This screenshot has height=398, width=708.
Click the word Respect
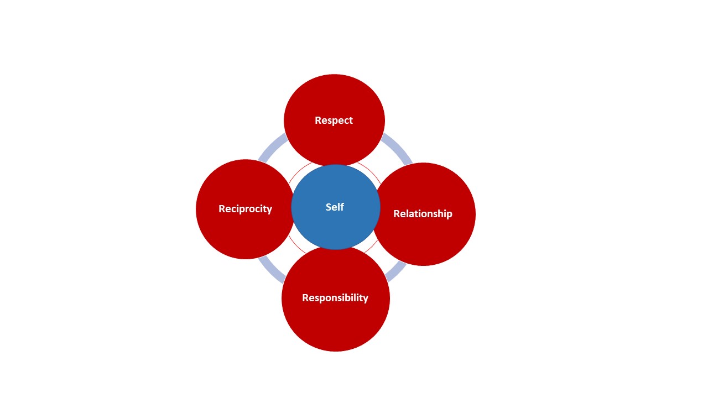click(x=334, y=121)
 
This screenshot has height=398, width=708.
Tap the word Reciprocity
click(x=245, y=209)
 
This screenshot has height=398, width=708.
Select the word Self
click(x=335, y=207)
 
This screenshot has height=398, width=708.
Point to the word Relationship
click(x=423, y=214)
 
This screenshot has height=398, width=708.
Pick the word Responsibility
click(x=335, y=298)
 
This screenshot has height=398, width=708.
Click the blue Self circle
click(x=336, y=227)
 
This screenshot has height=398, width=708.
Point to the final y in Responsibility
click(x=365, y=299)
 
